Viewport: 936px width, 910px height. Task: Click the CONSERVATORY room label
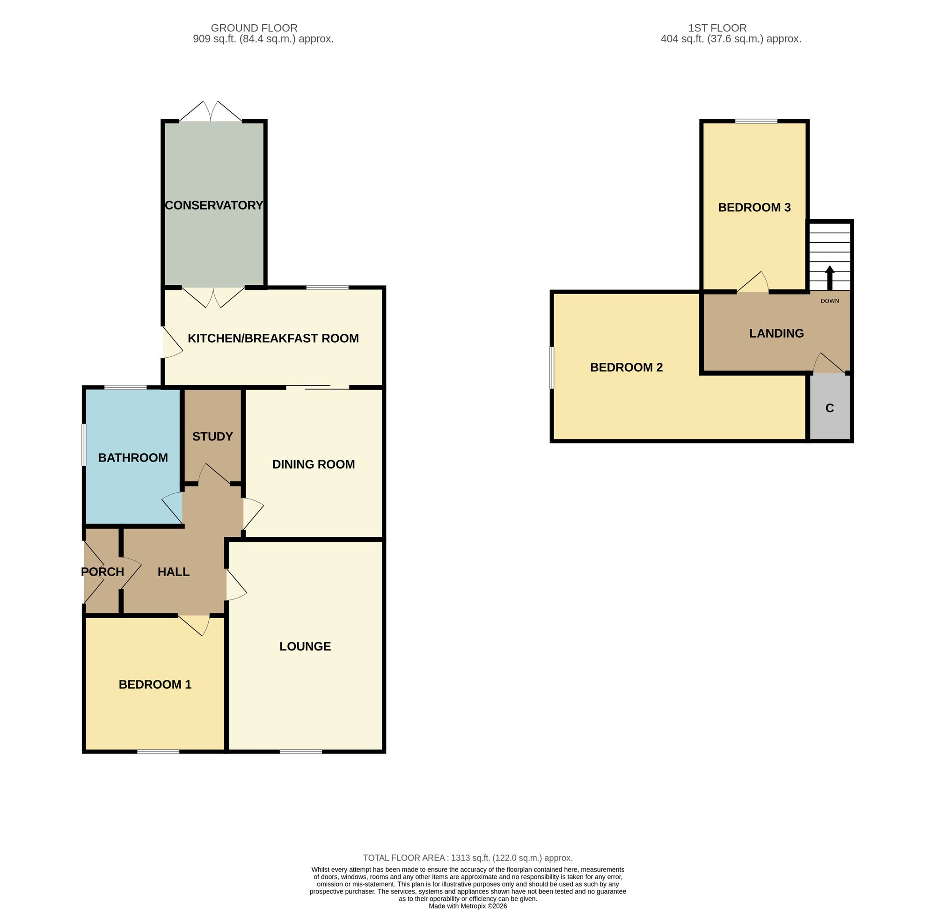(x=214, y=205)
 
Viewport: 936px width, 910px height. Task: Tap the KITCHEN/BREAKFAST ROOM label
(x=273, y=339)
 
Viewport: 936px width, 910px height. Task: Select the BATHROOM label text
(x=133, y=458)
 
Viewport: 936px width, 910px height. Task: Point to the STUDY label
(x=212, y=436)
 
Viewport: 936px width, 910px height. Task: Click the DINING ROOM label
(x=313, y=464)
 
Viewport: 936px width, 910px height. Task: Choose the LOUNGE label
(x=305, y=647)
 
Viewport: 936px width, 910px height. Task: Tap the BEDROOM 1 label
(x=155, y=685)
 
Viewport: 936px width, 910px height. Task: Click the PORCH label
(x=102, y=572)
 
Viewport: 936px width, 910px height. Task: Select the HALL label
(x=174, y=572)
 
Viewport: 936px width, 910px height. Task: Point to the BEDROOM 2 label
(x=627, y=368)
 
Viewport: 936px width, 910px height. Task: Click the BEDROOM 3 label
(x=754, y=208)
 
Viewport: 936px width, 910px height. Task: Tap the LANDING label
(x=776, y=333)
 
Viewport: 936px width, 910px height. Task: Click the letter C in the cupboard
(x=830, y=408)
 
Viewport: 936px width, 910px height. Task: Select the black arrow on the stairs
(x=830, y=278)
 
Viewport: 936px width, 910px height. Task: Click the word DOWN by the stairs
(x=830, y=301)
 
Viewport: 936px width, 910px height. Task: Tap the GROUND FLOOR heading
(x=254, y=28)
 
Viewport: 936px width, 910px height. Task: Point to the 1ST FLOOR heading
(x=717, y=28)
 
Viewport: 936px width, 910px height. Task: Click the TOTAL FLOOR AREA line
(x=468, y=858)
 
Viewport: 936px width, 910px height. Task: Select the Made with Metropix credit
(x=468, y=906)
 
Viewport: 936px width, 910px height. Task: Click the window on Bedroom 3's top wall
(x=756, y=122)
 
